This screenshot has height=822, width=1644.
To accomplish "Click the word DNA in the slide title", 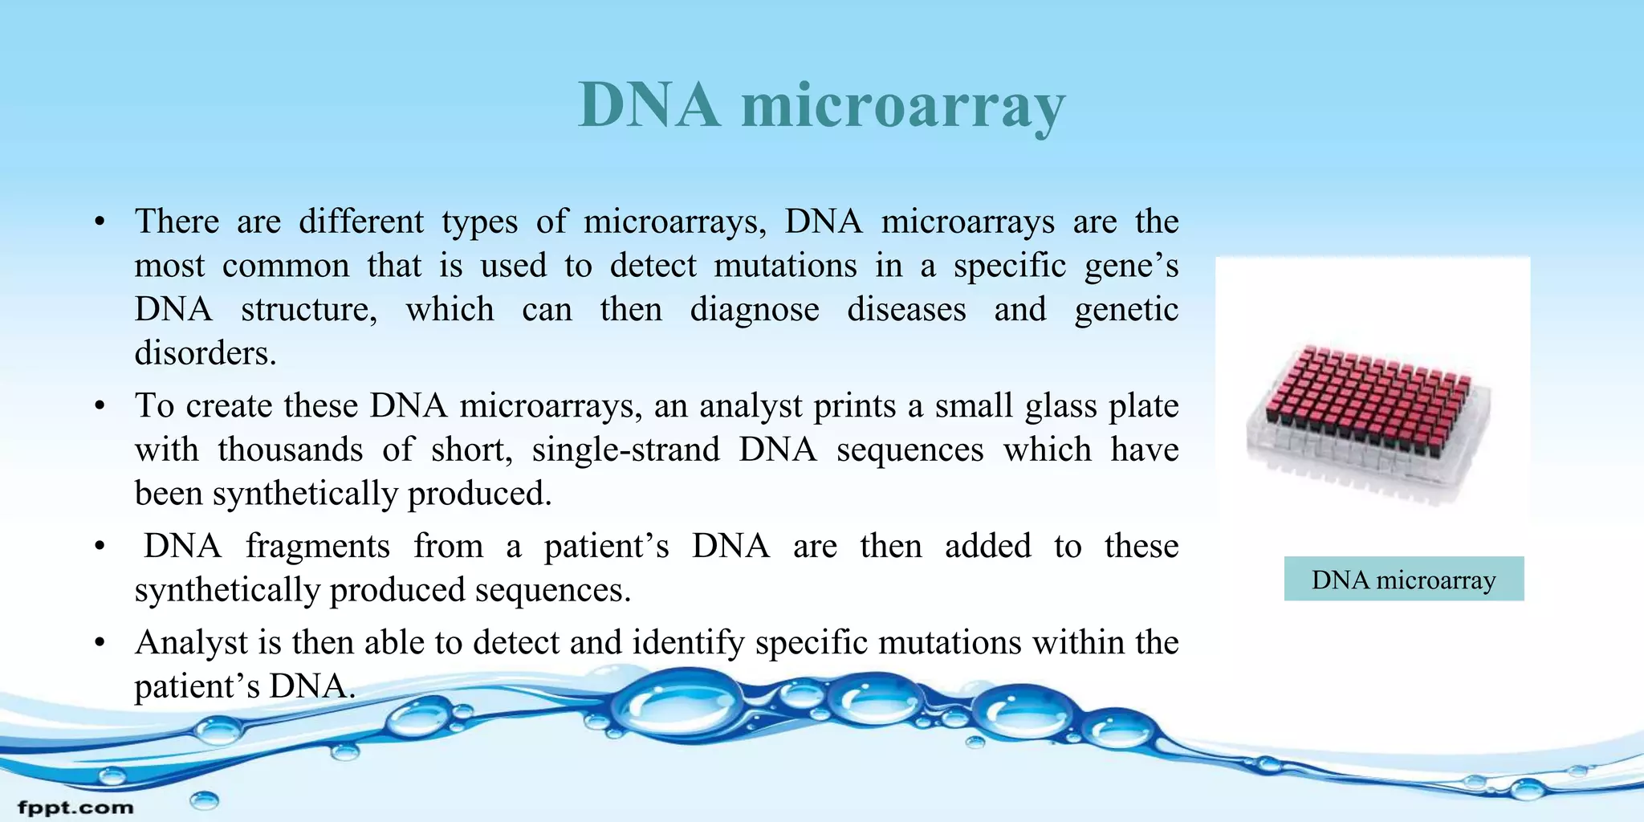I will click(649, 105).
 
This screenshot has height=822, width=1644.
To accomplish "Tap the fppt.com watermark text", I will click(75, 807).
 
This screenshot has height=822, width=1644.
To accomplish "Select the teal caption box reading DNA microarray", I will click(1403, 579).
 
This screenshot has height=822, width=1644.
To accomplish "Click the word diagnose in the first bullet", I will click(755, 311).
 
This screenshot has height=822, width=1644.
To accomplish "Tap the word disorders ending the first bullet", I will click(205, 353).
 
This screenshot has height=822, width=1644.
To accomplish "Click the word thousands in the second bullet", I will click(290, 450).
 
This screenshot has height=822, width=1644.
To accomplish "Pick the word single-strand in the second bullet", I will click(625, 450).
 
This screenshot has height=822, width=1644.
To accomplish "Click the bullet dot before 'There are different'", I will click(100, 222).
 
